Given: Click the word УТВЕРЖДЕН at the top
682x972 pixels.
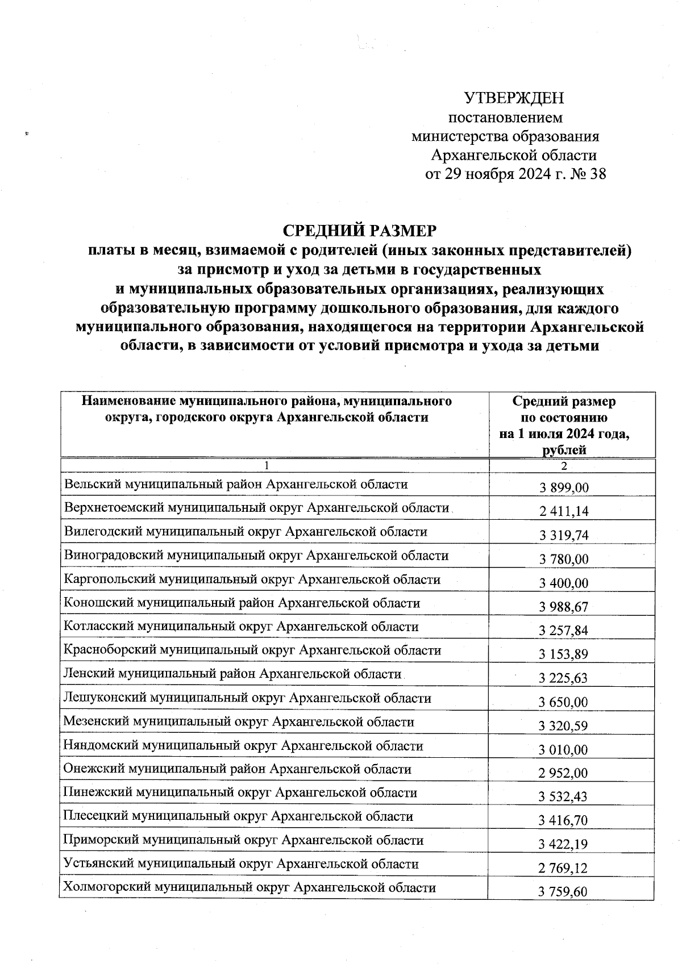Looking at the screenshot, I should pyautogui.click(x=514, y=99).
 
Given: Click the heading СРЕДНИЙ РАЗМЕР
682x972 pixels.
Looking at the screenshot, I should pyautogui.click(x=360, y=231).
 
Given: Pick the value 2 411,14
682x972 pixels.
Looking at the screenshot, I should pyautogui.click(x=564, y=511).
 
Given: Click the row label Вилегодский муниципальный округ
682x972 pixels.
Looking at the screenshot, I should pyautogui.click(x=246, y=532).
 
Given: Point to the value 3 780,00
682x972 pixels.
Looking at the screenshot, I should pyautogui.click(x=564, y=559).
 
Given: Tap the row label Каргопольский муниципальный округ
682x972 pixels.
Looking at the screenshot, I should pyautogui.click(x=252, y=579).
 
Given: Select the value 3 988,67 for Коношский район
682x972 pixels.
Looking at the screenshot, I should pyautogui.click(x=564, y=607).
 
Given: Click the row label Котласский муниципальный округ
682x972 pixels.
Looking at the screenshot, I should pyautogui.click(x=241, y=627).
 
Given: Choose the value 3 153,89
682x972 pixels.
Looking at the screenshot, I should pyautogui.click(x=564, y=654).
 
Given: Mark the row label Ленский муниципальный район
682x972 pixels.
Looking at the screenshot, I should pyautogui.click(x=232, y=674).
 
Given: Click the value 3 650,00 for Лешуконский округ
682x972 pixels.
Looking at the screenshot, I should pyautogui.click(x=564, y=702).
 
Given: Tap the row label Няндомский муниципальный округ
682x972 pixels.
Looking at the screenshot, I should pyautogui.click(x=243, y=745).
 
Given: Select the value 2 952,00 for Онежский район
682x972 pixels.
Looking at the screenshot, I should pyautogui.click(x=564, y=773).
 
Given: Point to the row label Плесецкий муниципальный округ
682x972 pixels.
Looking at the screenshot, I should pyautogui.click(x=238, y=817).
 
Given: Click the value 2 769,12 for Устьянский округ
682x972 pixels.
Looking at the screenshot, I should pyautogui.click(x=564, y=868).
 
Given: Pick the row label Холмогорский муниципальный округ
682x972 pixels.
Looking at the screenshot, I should pyautogui.click(x=249, y=887).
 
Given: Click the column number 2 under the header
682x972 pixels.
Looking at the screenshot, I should pyautogui.click(x=564, y=466).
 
